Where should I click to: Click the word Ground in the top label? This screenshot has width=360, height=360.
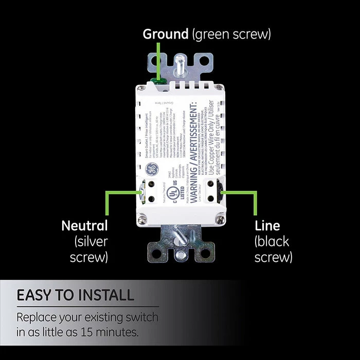(166, 34)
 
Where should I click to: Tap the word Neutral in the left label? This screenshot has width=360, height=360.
(84, 225)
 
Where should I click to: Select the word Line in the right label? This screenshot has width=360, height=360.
(267, 225)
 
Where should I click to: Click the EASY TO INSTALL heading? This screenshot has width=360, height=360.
(75, 295)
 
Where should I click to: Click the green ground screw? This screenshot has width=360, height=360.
(159, 81)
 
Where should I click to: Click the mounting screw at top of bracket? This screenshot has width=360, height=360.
(181, 61)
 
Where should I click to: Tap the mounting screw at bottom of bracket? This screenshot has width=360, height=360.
(179, 253)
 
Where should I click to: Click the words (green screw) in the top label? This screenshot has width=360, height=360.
(231, 34)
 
